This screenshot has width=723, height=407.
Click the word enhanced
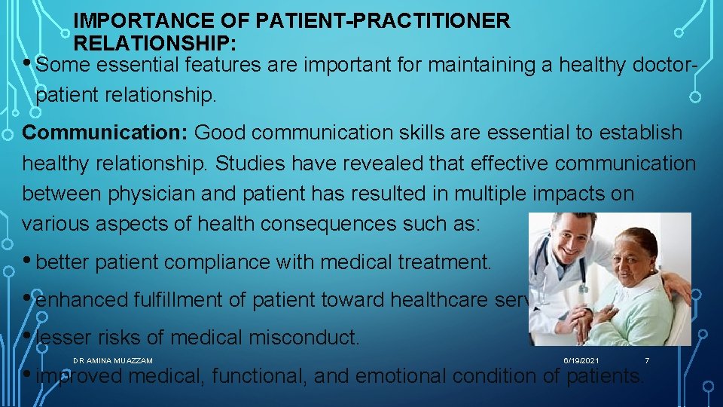pos(82,300)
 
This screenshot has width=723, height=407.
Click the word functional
pos(258,375)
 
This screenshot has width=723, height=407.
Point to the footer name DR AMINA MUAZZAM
pos(113,361)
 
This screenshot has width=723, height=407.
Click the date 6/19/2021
pos(581,361)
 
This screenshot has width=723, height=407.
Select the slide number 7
pos(646,361)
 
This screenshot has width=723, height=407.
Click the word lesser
pos(63,338)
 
